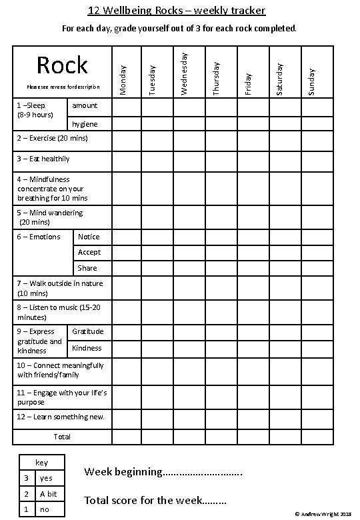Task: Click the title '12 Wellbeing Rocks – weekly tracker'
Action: click(177, 11)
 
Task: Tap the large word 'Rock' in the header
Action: click(62, 65)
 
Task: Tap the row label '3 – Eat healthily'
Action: click(43, 159)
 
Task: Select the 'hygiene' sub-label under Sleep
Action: click(85, 124)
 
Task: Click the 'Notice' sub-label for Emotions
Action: click(89, 237)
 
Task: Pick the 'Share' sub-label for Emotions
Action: click(87, 268)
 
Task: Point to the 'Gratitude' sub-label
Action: click(88, 331)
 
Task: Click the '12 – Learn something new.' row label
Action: click(61, 417)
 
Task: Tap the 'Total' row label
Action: click(62, 437)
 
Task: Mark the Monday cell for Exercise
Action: click(125, 140)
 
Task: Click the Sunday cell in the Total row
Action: click(317, 437)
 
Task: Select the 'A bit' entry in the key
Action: click(48, 494)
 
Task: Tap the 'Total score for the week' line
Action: click(155, 499)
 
